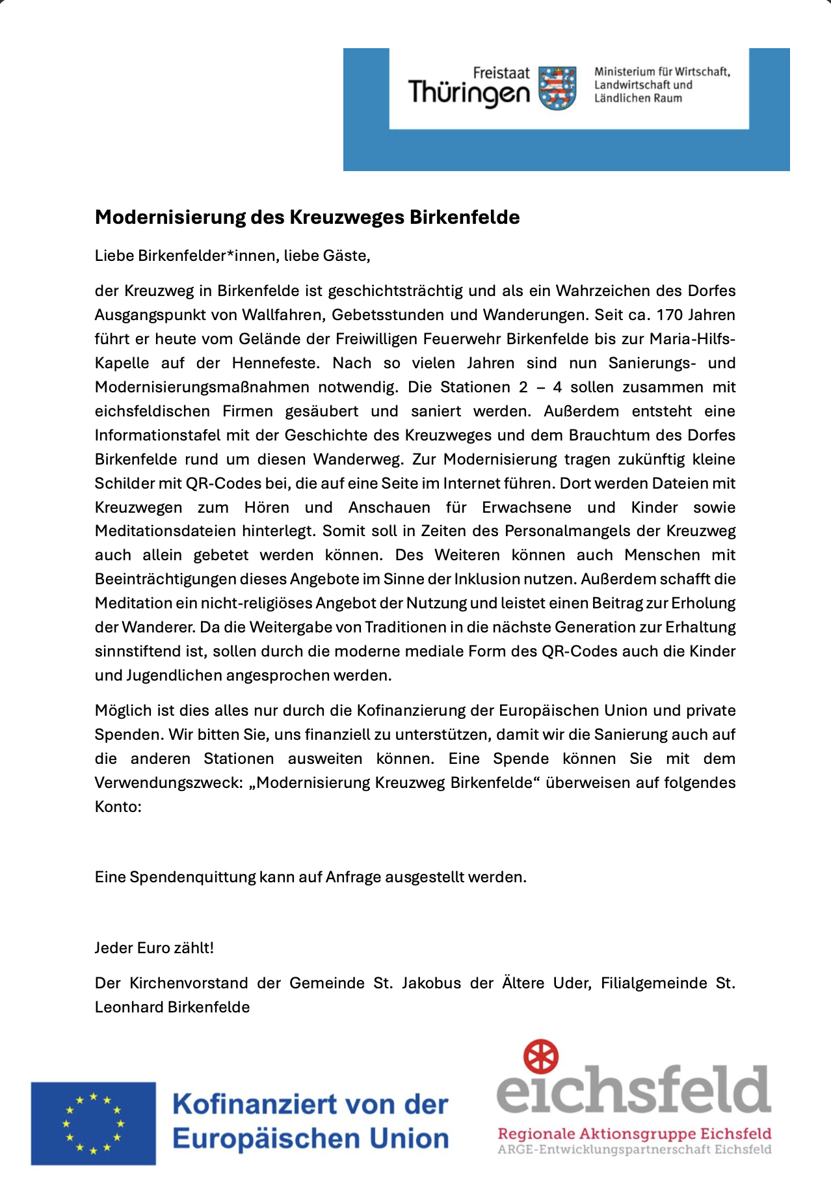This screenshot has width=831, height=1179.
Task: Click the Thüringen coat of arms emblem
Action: [x=558, y=88]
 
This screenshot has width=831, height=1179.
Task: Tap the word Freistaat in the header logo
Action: [x=501, y=74]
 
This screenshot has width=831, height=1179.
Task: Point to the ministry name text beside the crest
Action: [x=661, y=85]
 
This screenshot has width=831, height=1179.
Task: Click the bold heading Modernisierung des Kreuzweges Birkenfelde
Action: [x=307, y=217]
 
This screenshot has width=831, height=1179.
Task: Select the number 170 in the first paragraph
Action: [x=669, y=315]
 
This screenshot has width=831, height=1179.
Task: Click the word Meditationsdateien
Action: [x=165, y=531]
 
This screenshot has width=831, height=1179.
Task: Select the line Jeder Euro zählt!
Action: [x=154, y=948]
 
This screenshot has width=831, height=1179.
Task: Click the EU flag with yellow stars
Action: [x=93, y=1123]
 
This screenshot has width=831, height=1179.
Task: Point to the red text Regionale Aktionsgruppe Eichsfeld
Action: [x=634, y=1133]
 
